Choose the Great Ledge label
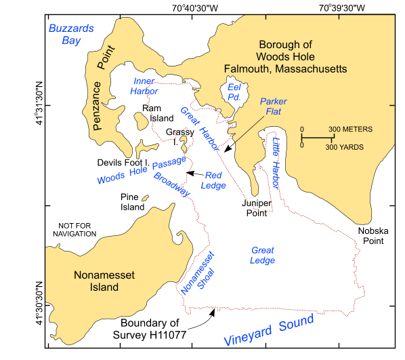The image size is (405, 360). point(262,255)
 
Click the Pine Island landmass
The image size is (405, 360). point(145,199)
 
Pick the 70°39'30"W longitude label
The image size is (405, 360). point(341,9)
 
